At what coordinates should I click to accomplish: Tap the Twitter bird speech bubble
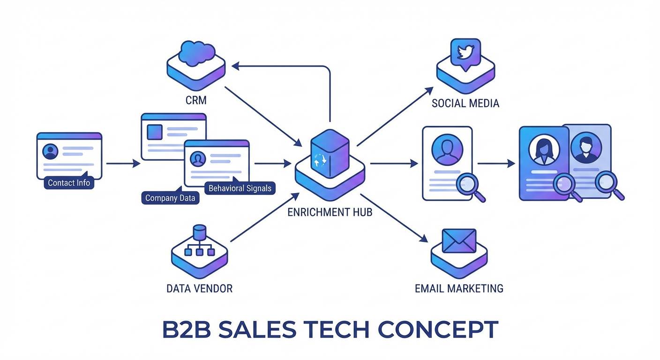click(x=465, y=53)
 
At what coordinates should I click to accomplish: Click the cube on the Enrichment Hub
click(x=330, y=155)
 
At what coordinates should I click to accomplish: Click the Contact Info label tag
click(x=69, y=183)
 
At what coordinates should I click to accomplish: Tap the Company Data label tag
click(x=170, y=198)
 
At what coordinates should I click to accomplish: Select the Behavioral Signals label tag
click(x=240, y=188)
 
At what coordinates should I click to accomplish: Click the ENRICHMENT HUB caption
click(x=330, y=212)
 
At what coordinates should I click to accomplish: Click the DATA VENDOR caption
click(x=199, y=288)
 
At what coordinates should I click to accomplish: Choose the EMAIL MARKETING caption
click(x=459, y=288)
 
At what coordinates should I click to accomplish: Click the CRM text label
click(x=196, y=100)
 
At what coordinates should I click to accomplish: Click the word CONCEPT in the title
click(x=438, y=330)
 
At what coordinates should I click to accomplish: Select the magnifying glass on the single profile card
click(x=472, y=186)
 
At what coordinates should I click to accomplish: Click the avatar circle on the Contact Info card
click(x=50, y=151)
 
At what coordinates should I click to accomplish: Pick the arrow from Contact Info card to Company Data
click(x=123, y=164)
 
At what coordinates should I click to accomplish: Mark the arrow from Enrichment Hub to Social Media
click(x=395, y=116)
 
